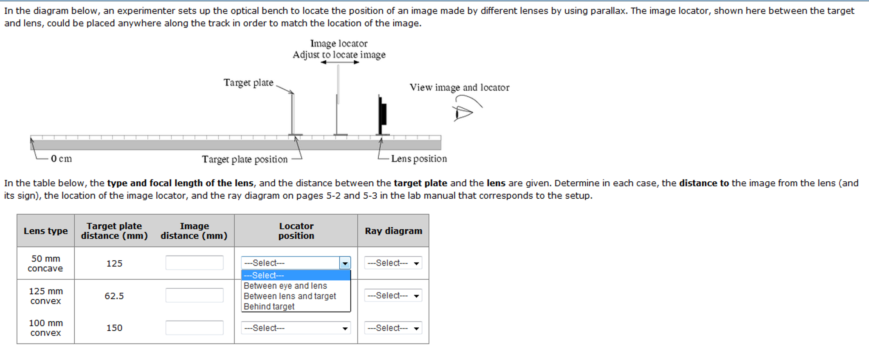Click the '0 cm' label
[x=61, y=159]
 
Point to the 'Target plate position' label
[x=245, y=159]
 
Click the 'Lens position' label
[x=419, y=159]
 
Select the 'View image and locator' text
[x=459, y=87]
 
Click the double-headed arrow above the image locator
[x=340, y=62]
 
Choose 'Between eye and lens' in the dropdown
[x=285, y=286]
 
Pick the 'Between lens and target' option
[x=290, y=296]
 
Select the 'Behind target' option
[x=269, y=307]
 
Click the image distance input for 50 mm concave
[x=194, y=263]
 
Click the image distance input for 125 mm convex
[x=194, y=295]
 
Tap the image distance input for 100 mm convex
[x=194, y=328]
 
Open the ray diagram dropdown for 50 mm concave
[x=393, y=263]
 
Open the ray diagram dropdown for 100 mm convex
[x=393, y=328]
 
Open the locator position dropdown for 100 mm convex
[x=296, y=328]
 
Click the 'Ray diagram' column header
[x=393, y=231]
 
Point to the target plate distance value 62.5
[x=114, y=296]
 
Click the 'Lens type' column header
[x=45, y=231]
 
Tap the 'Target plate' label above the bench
[x=248, y=82]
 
